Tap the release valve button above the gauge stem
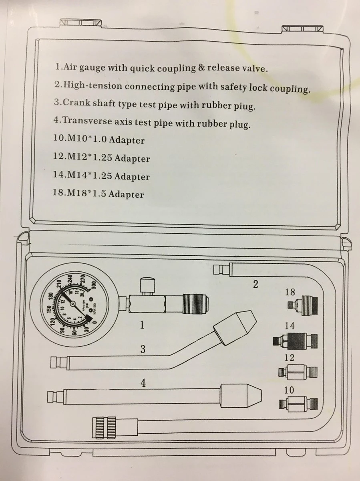(145, 286)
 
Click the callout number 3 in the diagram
(143, 349)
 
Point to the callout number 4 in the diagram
(143, 383)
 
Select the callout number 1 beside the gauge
(141, 325)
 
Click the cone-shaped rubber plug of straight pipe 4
(241, 395)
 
